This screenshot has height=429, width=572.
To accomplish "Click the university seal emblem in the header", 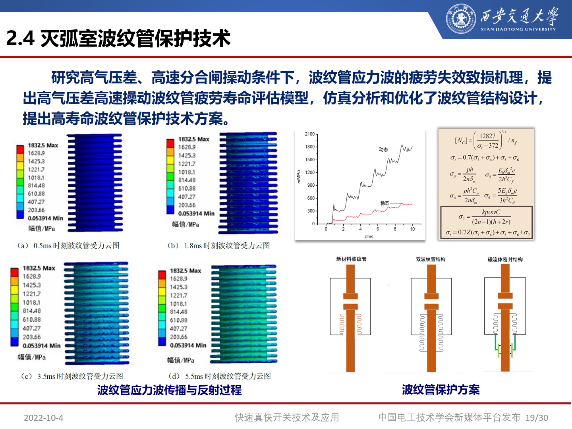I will [x=461, y=19].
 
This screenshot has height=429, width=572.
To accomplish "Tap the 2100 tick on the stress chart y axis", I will [x=310, y=134].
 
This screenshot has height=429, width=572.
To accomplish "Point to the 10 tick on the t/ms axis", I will [x=412, y=229].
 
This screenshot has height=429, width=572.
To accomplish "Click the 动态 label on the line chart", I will [x=383, y=149].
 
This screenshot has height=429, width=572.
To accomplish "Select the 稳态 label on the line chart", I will [x=385, y=203].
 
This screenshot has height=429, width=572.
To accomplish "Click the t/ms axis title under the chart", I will [x=369, y=236].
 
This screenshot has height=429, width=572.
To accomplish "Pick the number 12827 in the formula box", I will [x=487, y=136].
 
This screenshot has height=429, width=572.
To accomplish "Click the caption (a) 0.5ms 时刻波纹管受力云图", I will [x=68, y=245].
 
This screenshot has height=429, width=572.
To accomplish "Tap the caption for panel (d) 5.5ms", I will [x=220, y=376].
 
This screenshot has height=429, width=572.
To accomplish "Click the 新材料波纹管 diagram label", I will [x=351, y=259].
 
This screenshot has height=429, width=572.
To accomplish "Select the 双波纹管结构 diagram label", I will [x=431, y=259].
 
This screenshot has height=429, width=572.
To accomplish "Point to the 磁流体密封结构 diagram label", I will [x=505, y=259].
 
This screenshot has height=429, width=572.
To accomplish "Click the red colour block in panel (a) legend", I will [x=20, y=149].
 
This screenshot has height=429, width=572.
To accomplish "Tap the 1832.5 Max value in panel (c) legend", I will [x=39, y=268].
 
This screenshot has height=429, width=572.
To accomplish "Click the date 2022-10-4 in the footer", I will [x=43, y=418].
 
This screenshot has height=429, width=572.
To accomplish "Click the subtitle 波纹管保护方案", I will [x=441, y=390].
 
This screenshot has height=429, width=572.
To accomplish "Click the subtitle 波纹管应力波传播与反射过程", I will [x=170, y=390].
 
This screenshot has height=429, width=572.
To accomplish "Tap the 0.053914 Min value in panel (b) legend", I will [x=196, y=213].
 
